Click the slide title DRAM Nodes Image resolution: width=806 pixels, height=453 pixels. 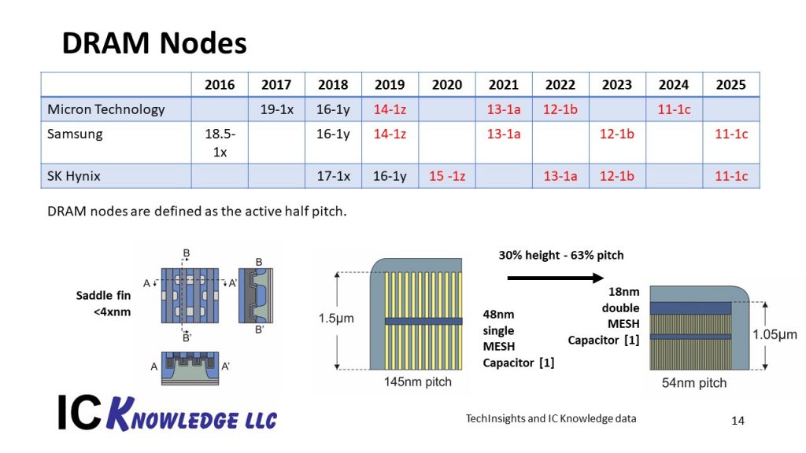[154, 43]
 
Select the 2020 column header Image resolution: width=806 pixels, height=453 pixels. [447, 85]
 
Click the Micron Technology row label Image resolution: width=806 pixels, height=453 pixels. [105, 109]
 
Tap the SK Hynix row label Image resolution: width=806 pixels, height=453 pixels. [74, 176]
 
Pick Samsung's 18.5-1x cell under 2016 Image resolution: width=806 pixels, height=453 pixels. [220, 142]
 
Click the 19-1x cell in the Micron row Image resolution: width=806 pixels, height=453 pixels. [276, 109]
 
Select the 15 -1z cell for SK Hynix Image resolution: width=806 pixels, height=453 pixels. [447, 176]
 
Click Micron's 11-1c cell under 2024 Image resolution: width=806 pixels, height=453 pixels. [674, 109]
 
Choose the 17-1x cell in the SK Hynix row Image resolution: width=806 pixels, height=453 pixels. [333, 176]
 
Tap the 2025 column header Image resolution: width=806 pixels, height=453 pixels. [730, 85]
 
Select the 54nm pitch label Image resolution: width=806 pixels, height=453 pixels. [694, 383]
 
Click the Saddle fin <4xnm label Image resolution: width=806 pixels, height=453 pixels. [103, 303]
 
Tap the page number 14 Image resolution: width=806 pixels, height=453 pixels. [738, 421]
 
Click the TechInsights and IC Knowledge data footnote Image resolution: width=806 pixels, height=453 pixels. [551, 418]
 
